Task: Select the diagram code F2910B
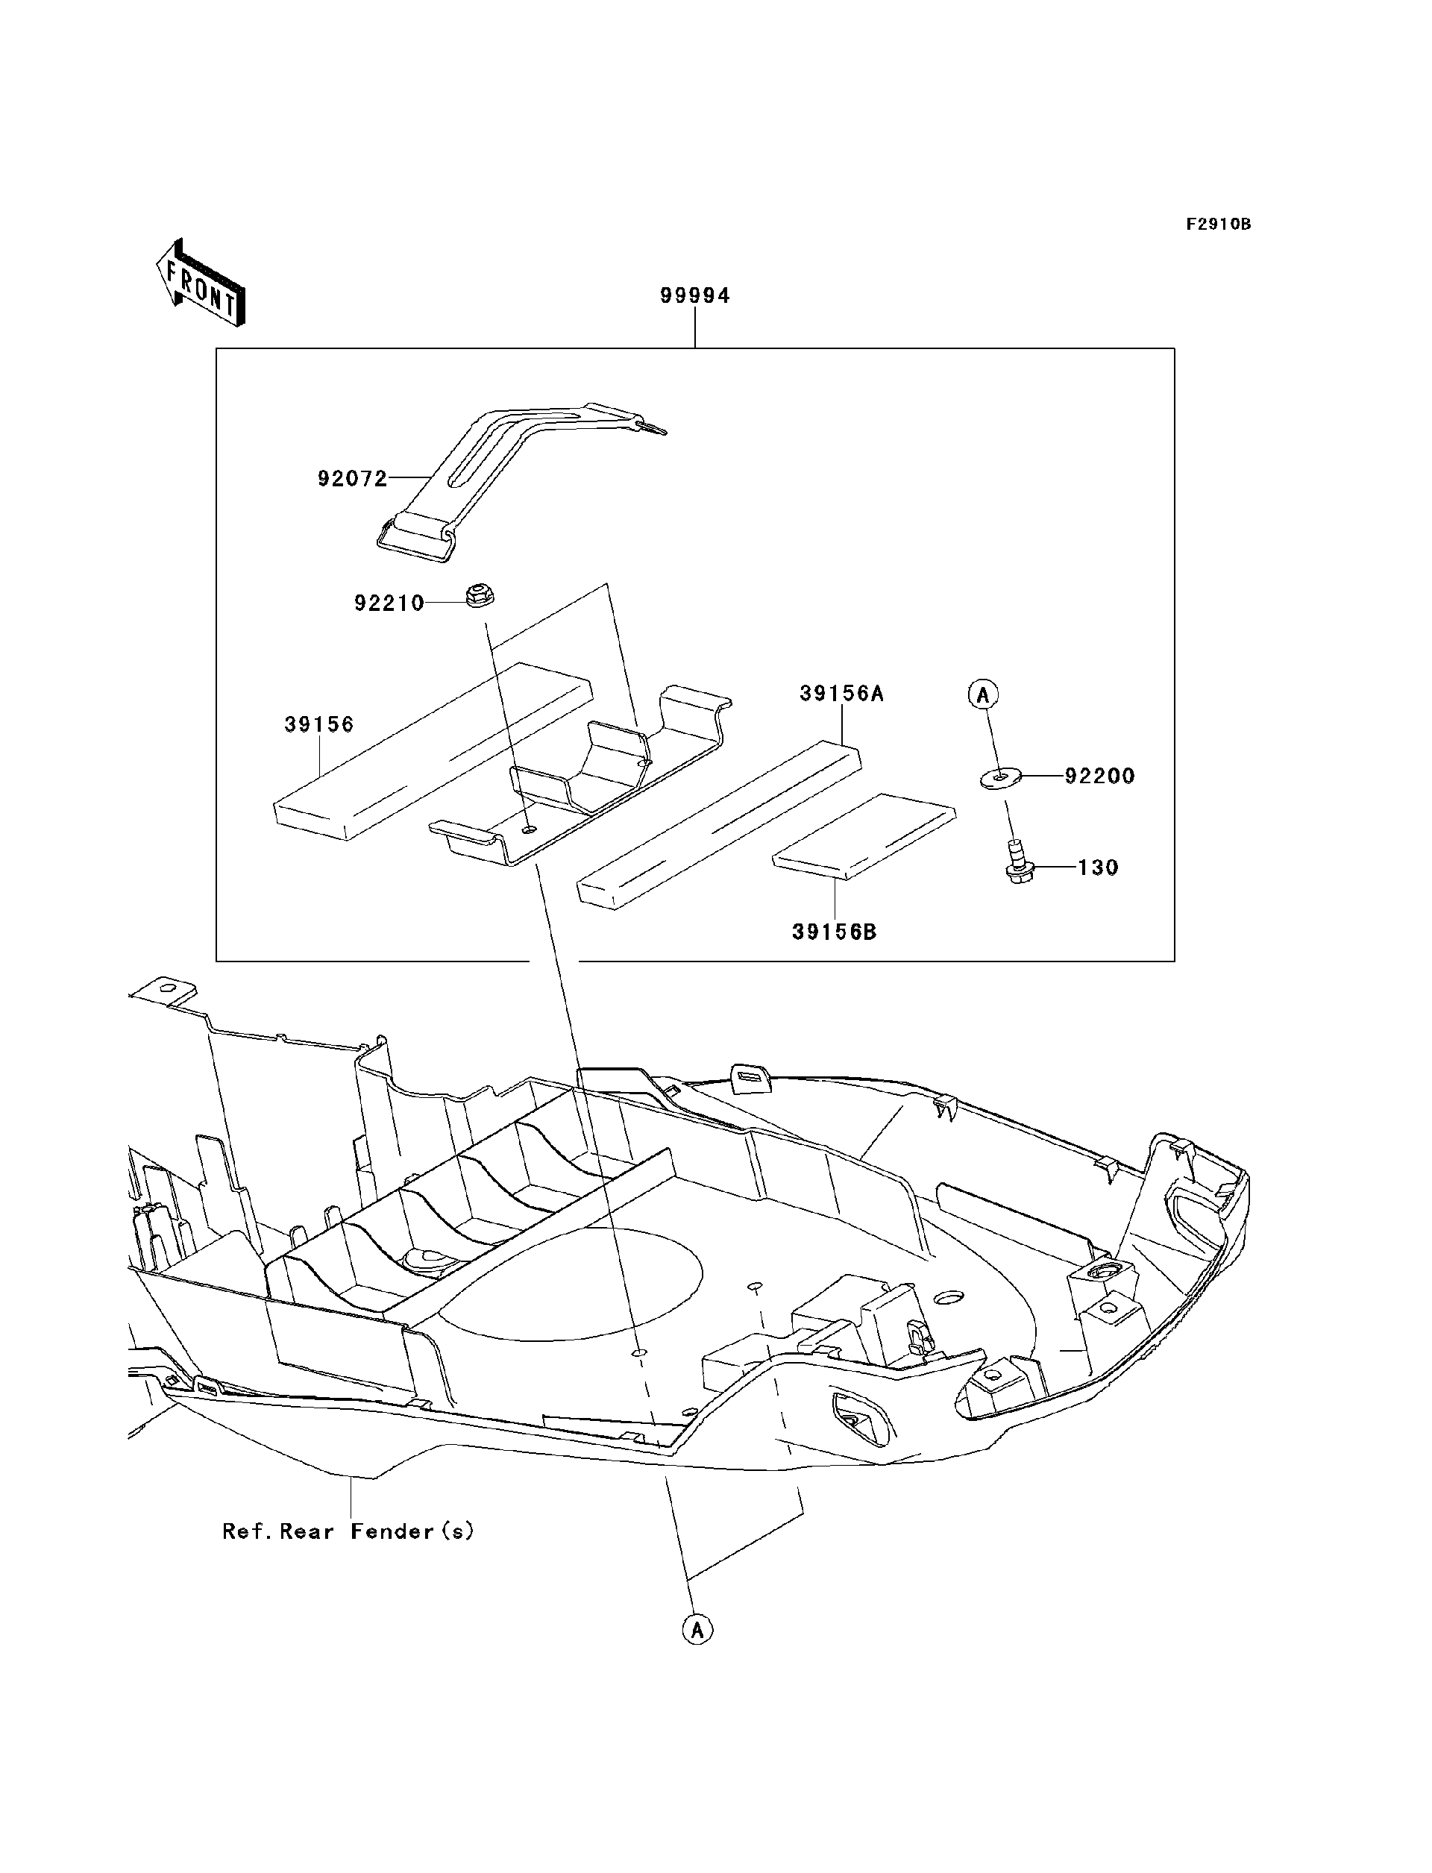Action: [x=1218, y=225]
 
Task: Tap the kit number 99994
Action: [x=694, y=296]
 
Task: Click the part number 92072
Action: [x=352, y=479]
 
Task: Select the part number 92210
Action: [x=389, y=603]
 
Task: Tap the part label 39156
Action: [x=318, y=724]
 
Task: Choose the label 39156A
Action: [x=841, y=694]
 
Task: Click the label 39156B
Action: [x=834, y=932]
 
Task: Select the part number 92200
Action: [x=1099, y=777]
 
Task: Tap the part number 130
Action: [x=1098, y=868]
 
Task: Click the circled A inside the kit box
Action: [x=983, y=694]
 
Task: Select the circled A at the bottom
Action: [x=697, y=1630]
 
